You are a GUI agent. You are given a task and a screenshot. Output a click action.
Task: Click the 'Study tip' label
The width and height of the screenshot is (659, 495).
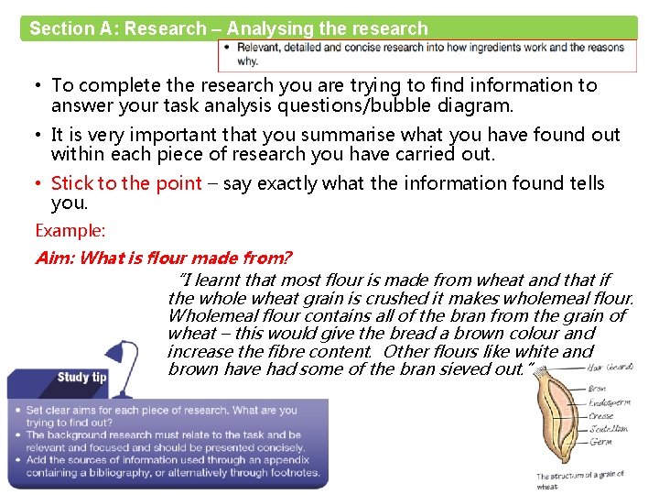click(x=81, y=378)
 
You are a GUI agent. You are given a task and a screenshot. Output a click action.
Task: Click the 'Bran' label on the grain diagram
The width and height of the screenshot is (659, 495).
click(x=597, y=389)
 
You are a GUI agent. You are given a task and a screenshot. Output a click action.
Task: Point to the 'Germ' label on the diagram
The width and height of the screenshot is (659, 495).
click(x=600, y=442)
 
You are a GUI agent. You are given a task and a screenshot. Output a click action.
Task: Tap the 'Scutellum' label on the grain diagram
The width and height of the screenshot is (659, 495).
click(x=609, y=428)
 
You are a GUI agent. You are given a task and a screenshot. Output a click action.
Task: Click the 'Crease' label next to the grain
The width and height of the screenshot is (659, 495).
click(x=601, y=415)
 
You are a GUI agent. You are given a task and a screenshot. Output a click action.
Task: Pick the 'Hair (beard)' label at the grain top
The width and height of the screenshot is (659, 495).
click(x=608, y=368)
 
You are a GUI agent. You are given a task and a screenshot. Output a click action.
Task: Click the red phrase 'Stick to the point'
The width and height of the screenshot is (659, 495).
click(x=126, y=183)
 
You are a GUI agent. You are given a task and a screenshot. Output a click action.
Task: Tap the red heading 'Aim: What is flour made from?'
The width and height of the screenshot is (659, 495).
click(x=163, y=258)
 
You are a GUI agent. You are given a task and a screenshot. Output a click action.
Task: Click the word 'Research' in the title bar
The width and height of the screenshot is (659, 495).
click(x=166, y=28)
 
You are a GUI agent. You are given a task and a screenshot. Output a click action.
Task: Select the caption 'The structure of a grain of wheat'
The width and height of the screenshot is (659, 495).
click(x=580, y=479)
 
